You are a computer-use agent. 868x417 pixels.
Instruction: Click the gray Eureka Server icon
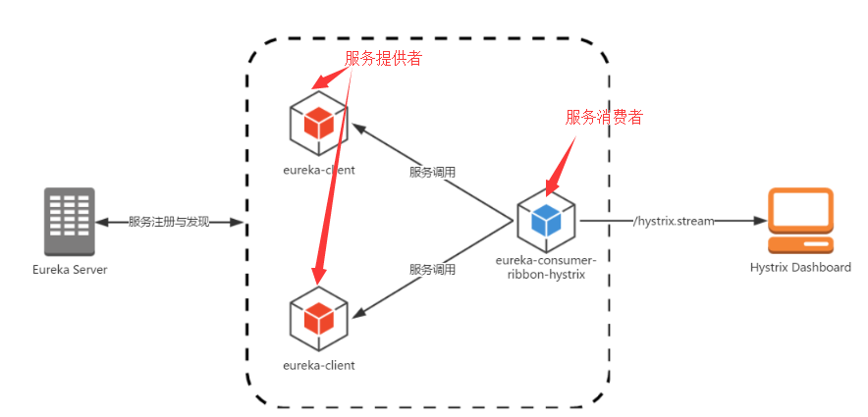pyautogui.click(x=69, y=222)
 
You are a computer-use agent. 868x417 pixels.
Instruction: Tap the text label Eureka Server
pyautogui.click(x=69, y=270)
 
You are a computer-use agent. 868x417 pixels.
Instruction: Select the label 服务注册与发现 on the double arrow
pyautogui.click(x=169, y=223)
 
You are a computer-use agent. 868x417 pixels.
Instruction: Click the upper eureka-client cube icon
pyautogui.click(x=319, y=124)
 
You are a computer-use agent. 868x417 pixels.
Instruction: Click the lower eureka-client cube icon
pyautogui.click(x=319, y=318)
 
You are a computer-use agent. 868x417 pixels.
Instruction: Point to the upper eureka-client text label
pyautogui.click(x=318, y=170)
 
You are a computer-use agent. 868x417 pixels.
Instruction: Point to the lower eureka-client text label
pyautogui.click(x=318, y=365)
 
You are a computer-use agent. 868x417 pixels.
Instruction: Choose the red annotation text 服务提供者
pyautogui.click(x=384, y=59)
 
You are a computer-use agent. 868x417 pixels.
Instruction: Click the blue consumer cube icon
pyautogui.click(x=545, y=222)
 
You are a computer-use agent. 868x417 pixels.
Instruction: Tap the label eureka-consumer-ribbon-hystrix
pyautogui.click(x=546, y=267)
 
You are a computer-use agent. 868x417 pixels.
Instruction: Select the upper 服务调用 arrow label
pyautogui.click(x=432, y=172)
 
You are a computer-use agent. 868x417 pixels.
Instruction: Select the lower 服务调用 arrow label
pyautogui.click(x=432, y=269)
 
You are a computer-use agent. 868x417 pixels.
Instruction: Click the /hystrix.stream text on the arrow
pyautogui.click(x=674, y=222)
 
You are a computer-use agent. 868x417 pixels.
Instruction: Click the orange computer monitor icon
pyautogui.click(x=800, y=221)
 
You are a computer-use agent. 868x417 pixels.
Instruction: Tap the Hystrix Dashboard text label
pyautogui.click(x=800, y=267)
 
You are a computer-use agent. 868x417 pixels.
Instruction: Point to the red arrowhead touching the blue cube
pyautogui.click(x=551, y=183)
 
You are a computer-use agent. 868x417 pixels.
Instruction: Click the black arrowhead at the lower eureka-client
pyautogui.click(x=359, y=313)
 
